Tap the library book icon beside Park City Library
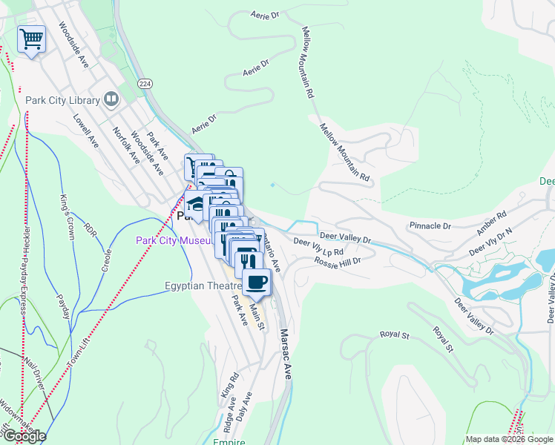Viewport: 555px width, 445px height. tap(111, 99)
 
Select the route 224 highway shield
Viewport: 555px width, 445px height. tap(144, 85)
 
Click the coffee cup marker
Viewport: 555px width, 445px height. tap(257, 283)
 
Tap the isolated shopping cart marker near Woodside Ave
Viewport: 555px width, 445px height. tap(30, 39)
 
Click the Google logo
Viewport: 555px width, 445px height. tap(24, 436)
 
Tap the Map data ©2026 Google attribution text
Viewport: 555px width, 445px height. tap(509, 438)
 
